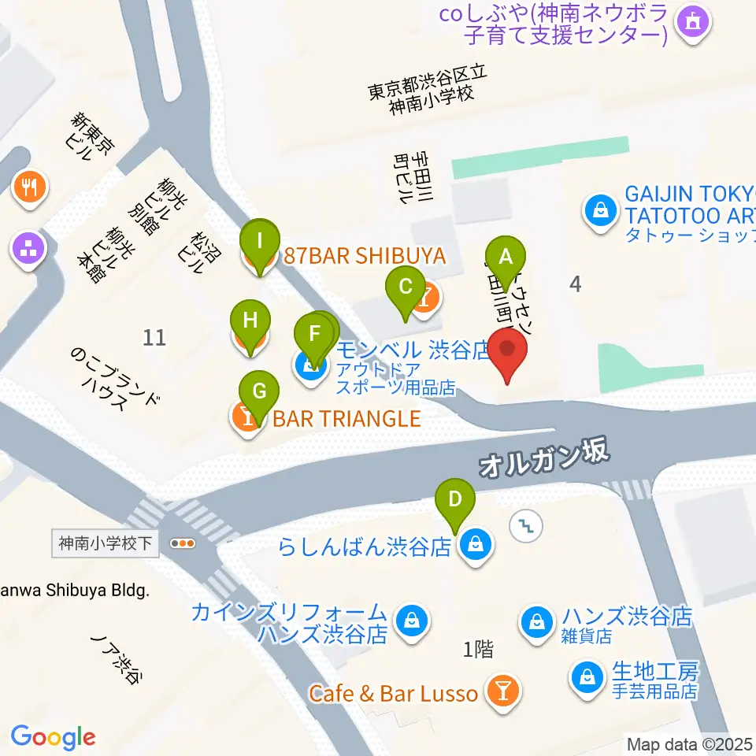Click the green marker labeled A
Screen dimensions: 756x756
[x=506, y=256]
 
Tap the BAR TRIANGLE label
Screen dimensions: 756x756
[x=346, y=417]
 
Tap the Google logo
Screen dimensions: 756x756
[x=54, y=736]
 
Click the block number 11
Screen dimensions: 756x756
[x=155, y=338]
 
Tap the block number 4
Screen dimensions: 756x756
[x=576, y=284]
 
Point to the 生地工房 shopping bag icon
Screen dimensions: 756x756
[x=587, y=676]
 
